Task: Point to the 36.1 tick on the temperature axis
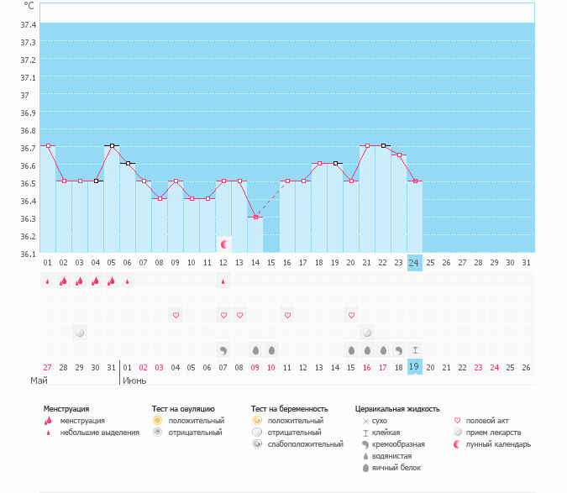coord(28,254)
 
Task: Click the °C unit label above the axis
coord(29,6)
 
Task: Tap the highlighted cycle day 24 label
coord(414,263)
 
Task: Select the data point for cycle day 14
coord(255,217)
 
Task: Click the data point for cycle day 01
coord(48,146)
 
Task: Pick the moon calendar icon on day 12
coord(224,244)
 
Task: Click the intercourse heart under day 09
coord(176,315)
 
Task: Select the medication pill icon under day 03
coord(80,333)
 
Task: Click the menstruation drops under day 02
coord(63,281)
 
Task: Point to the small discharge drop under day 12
coord(223,281)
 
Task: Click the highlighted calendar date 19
coord(414,367)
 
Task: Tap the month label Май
coord(38,380)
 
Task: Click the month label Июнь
coord(134,380)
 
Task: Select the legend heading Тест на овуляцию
coord(183,409)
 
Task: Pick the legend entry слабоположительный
coord(305,444)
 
